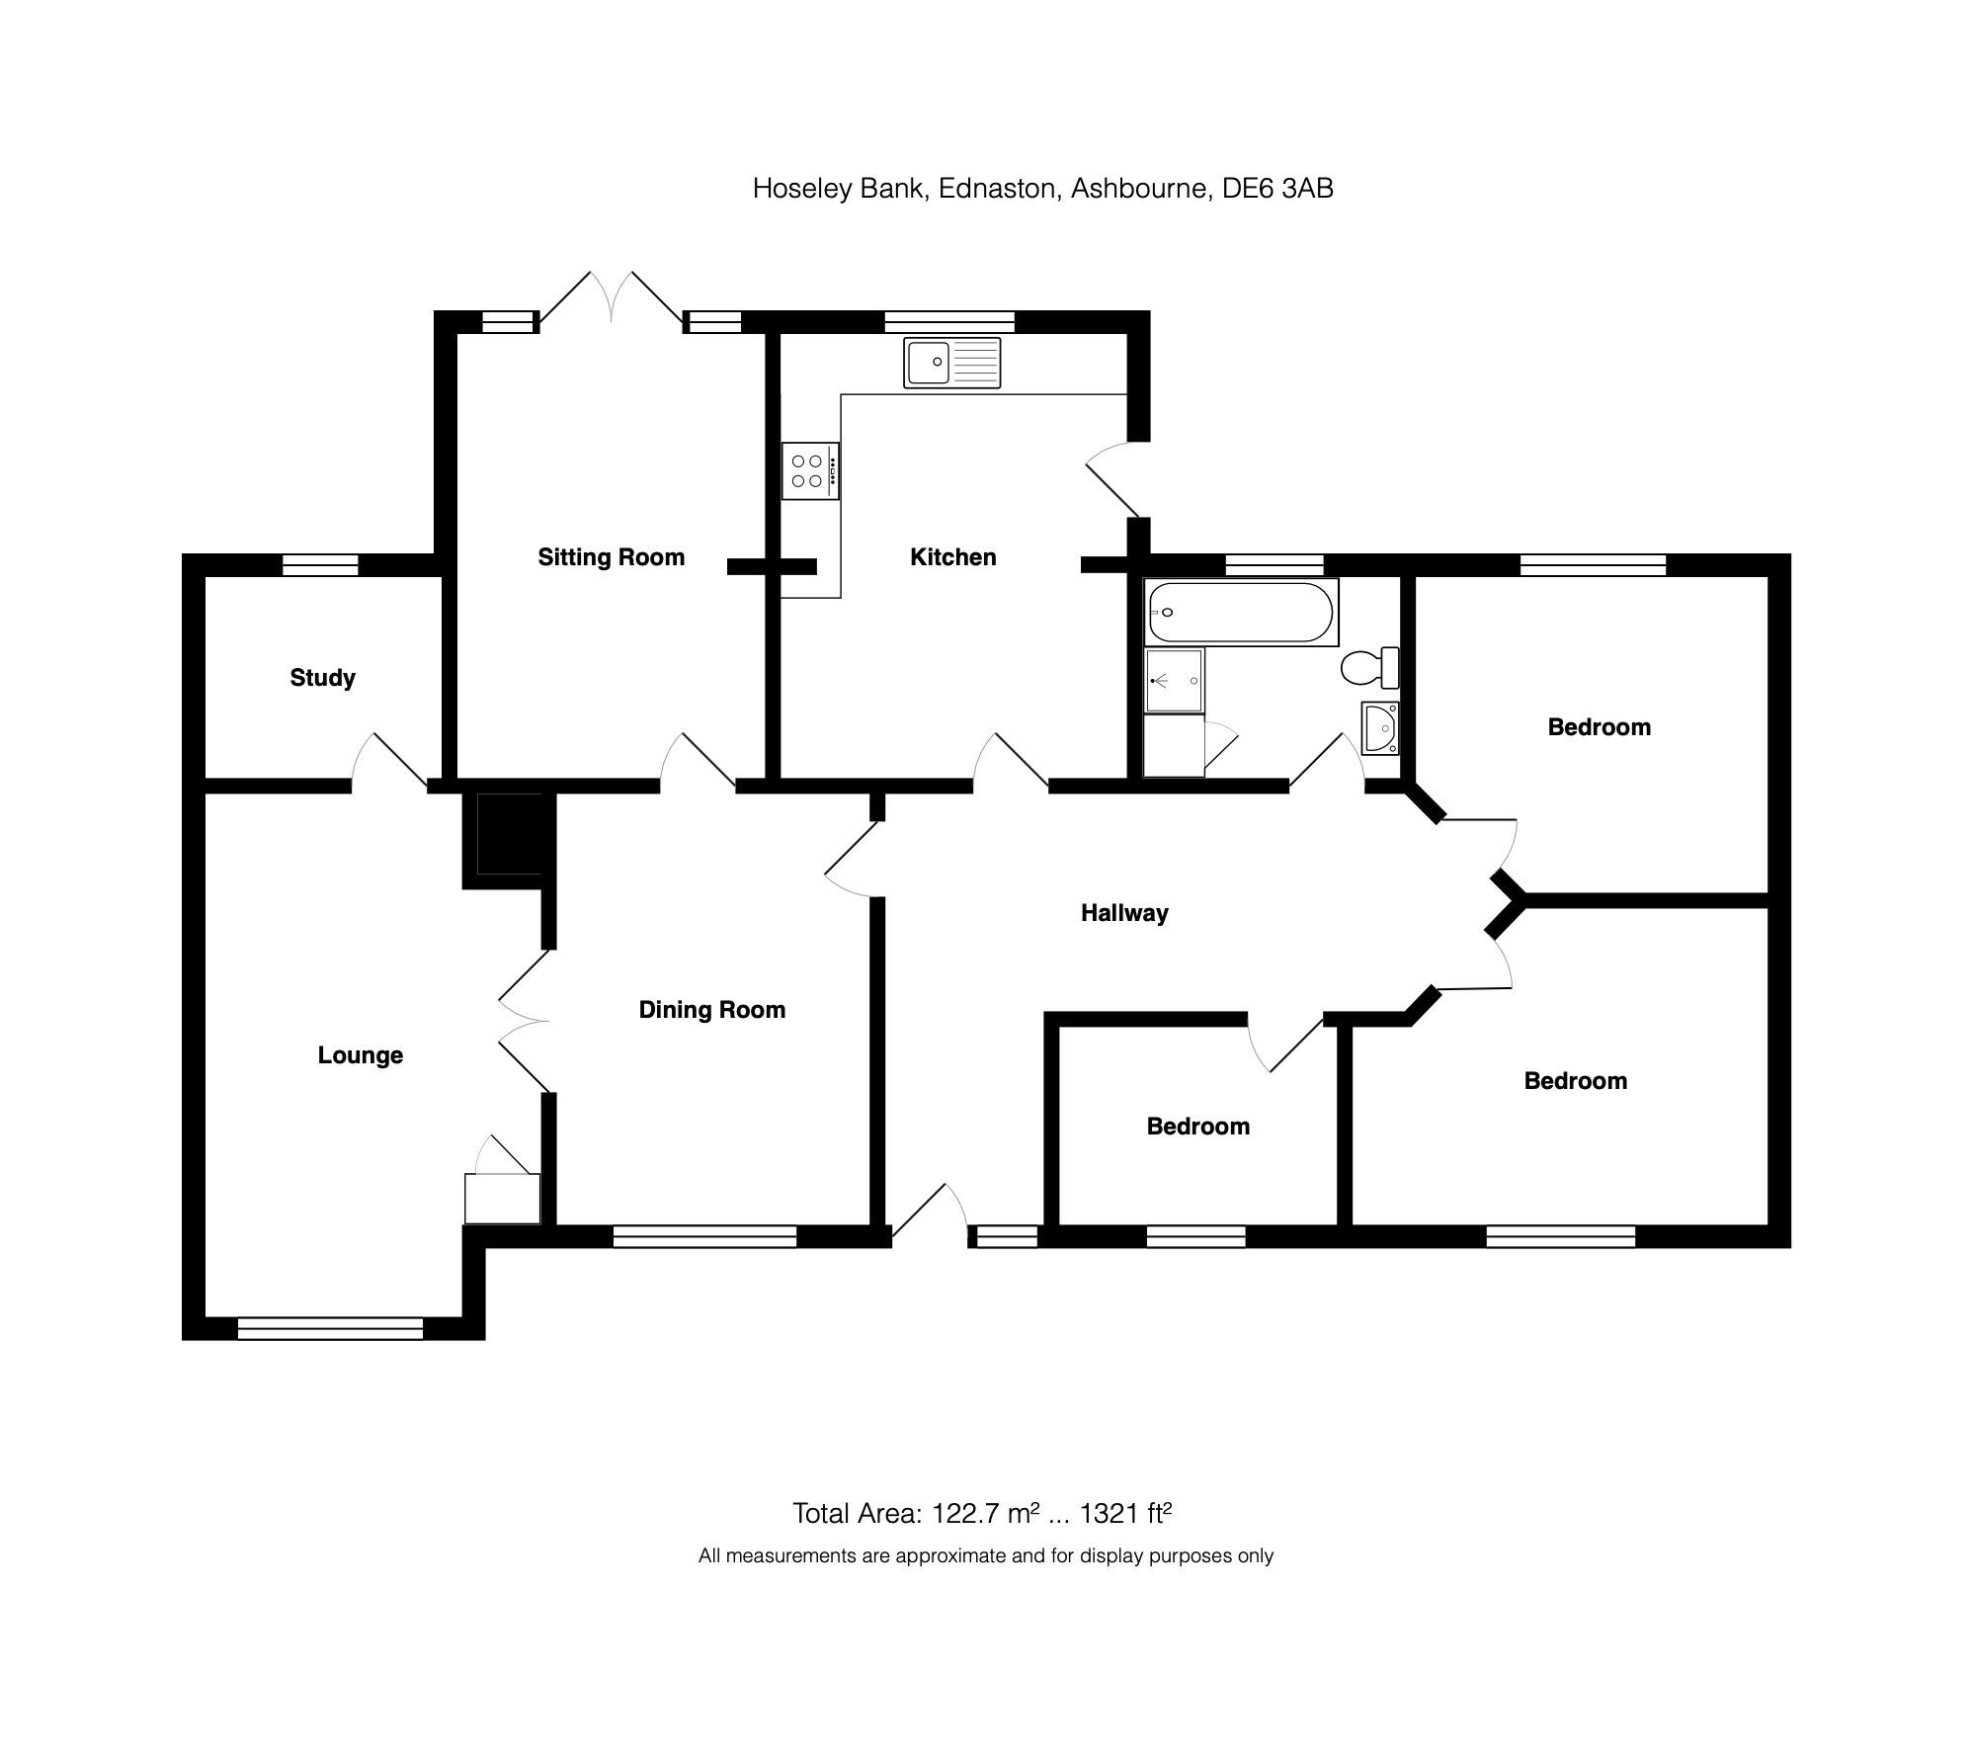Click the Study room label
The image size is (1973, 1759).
pos(322,678)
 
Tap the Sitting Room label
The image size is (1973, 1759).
pos(611,557)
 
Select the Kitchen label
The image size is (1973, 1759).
pos(952,557)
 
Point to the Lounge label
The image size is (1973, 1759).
pos(360,1055)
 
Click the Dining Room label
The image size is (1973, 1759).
pos(711,1010)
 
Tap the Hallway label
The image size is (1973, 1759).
pos(1123,913)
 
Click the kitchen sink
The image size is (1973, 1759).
pos(951,362)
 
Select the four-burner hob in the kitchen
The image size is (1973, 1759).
pos(810,470)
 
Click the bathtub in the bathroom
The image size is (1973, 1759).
pos(1241,612)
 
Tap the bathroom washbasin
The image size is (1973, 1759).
pos(1380,728)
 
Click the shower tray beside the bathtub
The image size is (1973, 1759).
pos(1175,680)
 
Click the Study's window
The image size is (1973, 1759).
pos(320,565)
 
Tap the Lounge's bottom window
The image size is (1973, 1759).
pos(330,1328)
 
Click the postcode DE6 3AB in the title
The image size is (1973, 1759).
pos(1277,188)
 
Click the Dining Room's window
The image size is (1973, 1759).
pos(704,1236)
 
